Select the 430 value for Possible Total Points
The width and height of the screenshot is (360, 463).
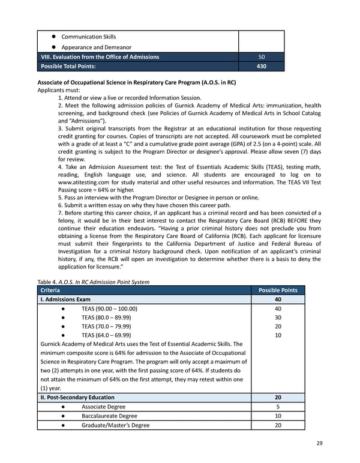[261, 66]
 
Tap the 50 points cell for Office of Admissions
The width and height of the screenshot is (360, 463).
[261, 56]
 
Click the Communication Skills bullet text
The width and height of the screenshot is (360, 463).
[89, 37]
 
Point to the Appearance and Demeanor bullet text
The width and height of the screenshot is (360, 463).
[96, 47]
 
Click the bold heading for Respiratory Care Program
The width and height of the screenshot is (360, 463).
[136, 83]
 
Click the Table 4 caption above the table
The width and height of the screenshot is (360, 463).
[93, 281]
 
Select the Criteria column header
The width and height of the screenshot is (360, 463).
[52, 290]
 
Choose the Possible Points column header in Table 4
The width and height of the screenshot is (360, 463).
[277, 290]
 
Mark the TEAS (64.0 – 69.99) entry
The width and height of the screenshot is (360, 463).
[106, 335]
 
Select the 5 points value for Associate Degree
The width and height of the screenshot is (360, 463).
[277, 407]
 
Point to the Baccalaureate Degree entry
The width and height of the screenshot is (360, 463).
[109, 416]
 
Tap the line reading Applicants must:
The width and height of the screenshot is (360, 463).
[59, 90]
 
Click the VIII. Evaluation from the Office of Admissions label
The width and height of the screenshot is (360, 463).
[100, 56]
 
